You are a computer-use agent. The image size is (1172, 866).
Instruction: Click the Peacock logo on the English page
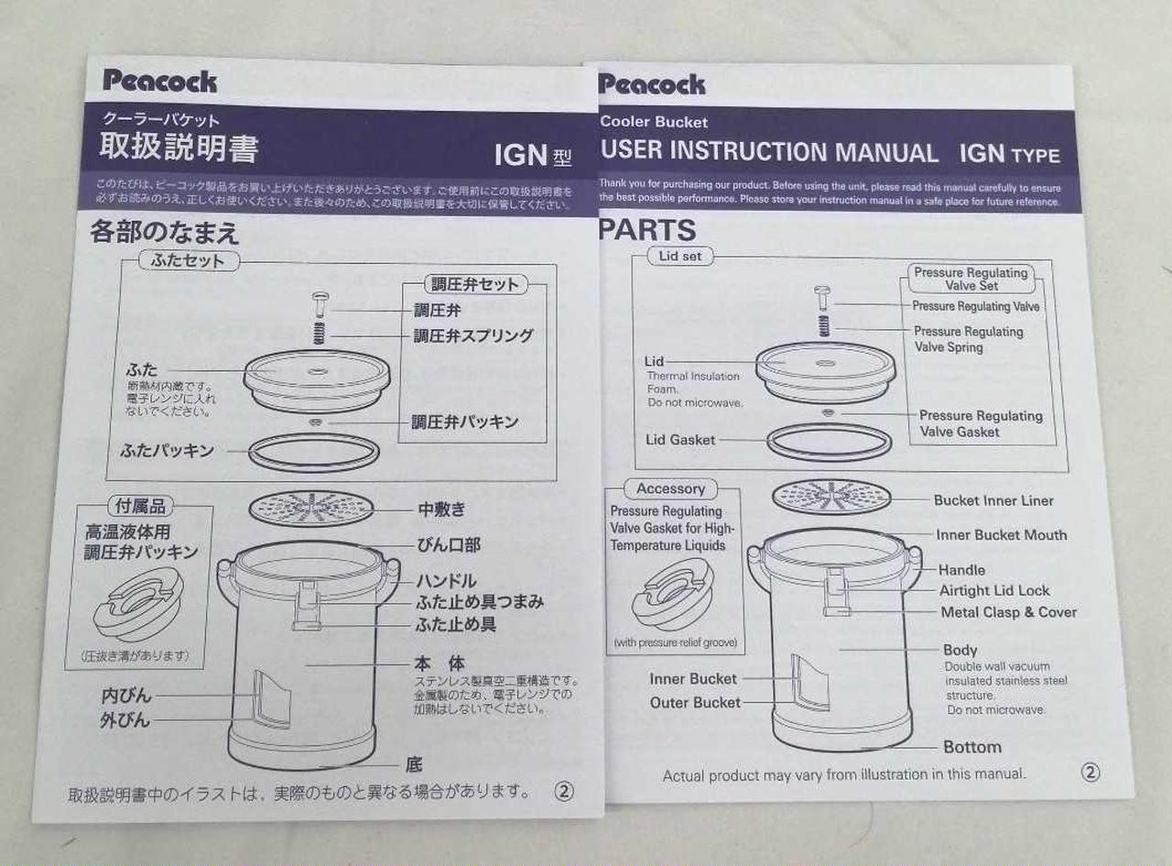tap(652, 84)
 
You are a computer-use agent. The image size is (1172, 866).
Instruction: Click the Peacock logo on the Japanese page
tap(160, 81)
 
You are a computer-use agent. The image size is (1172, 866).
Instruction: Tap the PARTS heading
tap(647, 230)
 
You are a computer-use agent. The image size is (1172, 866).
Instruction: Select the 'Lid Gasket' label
tap(680, 440)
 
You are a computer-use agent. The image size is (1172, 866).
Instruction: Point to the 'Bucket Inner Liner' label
tap(993, 500)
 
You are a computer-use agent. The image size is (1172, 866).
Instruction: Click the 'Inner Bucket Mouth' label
tap(1001, 535)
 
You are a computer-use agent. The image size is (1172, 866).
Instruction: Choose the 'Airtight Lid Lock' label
tap(994, 591)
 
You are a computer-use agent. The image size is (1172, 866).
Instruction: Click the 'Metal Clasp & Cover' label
tap(1008, 612)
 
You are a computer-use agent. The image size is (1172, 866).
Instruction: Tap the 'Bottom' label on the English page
tap(971, 747)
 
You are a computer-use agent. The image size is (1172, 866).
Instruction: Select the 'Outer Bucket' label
tap(695, 703)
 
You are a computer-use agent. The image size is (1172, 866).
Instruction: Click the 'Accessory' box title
tap(670, 489)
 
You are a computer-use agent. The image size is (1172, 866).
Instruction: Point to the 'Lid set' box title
tap(679, 257)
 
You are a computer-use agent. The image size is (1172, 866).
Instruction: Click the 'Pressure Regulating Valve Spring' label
tap(968, 339)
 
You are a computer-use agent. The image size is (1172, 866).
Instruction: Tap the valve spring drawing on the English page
tap(824, 325)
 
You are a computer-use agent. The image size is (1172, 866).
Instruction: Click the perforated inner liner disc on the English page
tap(830, 496)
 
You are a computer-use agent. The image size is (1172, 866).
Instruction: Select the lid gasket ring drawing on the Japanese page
tap(315, 452)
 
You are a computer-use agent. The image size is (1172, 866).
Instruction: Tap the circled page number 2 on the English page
tap(1090, 773)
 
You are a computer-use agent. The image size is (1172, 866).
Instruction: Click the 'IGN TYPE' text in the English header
tap(1009, 154)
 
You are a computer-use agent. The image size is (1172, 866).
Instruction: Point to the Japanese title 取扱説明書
tap(179, 148)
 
